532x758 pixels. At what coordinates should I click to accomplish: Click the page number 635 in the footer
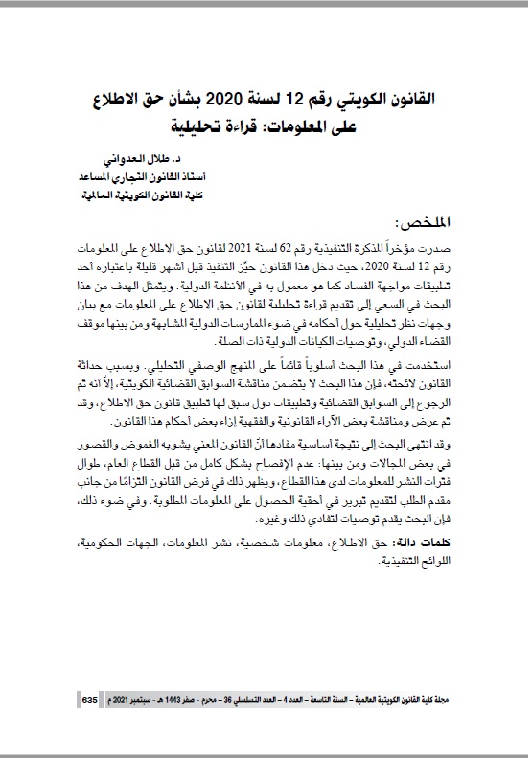(x=87, y=701)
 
